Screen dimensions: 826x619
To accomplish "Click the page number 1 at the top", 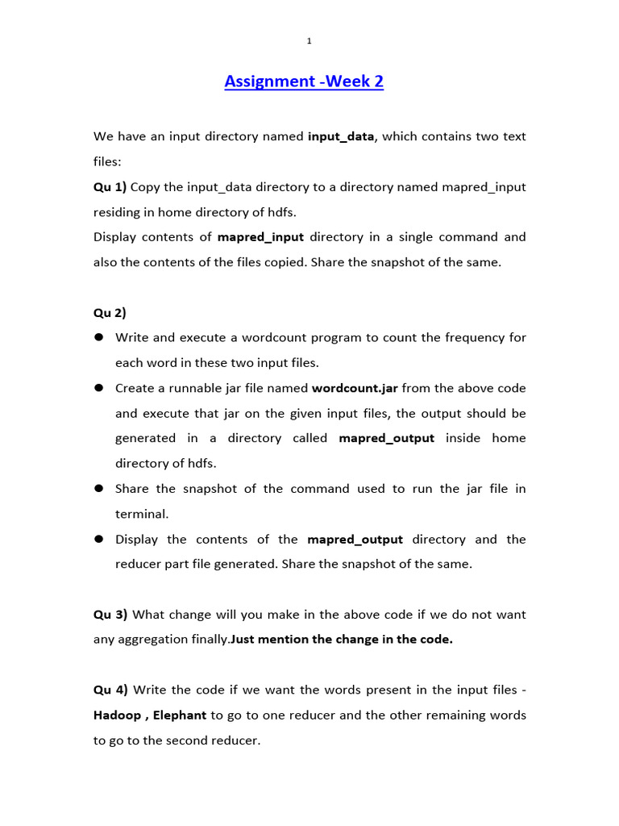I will [309, 41].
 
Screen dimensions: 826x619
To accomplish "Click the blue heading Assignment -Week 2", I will [304, 81].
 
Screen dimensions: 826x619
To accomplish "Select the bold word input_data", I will [341, 136].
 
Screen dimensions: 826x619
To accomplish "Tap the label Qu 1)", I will [110, 187].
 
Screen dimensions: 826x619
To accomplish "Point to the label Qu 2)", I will [110, 313].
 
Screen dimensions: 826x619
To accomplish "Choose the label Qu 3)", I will [110, 615].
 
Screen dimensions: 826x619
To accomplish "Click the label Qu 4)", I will [110, 690].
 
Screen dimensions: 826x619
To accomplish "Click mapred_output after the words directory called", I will [386, 438].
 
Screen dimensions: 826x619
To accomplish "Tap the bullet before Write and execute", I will [99, 337].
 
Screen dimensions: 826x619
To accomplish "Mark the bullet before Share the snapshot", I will [99, 489].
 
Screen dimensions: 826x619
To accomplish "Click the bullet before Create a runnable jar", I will [99, 388].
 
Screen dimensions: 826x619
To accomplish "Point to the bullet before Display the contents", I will [99, 539].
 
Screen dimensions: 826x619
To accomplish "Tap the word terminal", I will [140, 514].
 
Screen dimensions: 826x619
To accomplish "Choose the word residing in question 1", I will [117, 212].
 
